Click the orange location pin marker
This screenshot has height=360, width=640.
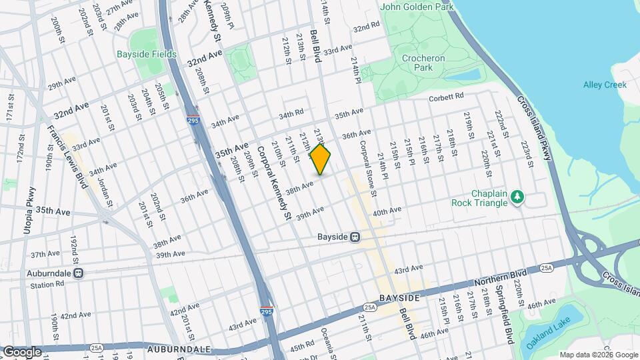tap(321, 159)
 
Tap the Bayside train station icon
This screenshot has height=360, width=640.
tap(356, 237)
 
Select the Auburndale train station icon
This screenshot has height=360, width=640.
tap(79, 273)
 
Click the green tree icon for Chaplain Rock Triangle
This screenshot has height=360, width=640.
tap(517, 197)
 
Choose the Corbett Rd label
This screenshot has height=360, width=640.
tap(445, 97)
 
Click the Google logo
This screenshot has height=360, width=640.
tap(22, 351)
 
